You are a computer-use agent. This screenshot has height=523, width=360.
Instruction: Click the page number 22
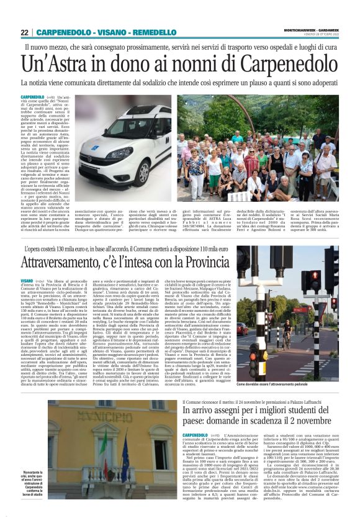(x=24, y=32)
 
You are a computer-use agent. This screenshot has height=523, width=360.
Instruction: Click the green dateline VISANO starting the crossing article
(x=29, y=281)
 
